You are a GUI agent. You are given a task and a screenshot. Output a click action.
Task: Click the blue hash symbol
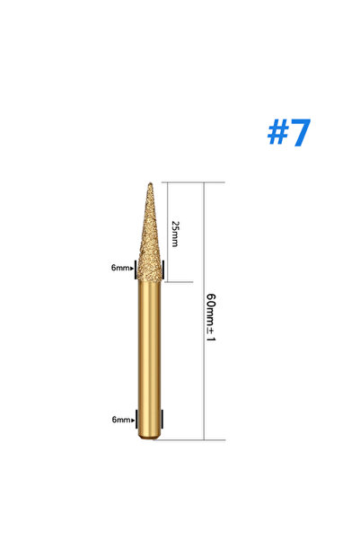(x=278, y=132)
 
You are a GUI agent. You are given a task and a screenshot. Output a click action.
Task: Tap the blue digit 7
(x=300, y=133)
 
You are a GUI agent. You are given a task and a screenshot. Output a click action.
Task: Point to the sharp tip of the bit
(x=150, y=183)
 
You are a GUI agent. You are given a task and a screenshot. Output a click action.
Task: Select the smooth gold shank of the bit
(x=149, y=359)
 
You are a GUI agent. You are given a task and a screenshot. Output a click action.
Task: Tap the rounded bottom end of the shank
(x=149, y=437)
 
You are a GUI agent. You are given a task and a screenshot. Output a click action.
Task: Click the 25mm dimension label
(x=175, y=234)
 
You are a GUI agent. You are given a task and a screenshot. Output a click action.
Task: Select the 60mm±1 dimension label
(x=211, y=317)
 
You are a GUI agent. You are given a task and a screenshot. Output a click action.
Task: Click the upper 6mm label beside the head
(x=120, y=268)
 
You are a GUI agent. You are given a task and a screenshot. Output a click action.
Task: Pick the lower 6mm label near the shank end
(x=121, y=420)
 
